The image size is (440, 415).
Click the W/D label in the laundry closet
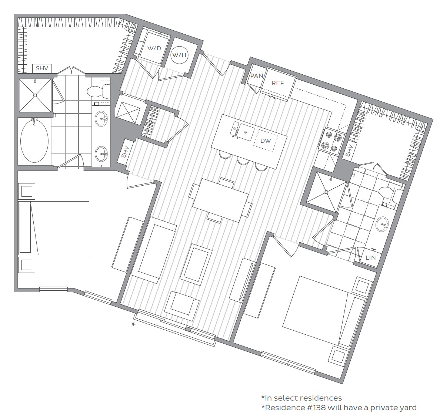point(154,48)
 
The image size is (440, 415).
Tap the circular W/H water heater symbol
point(180,55)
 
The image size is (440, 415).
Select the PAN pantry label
point(256,76)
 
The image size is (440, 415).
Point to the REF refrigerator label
point(277,83)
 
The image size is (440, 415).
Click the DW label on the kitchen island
point(266,141)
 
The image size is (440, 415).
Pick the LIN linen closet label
point(370,258)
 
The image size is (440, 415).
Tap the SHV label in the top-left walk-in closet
point(41,69)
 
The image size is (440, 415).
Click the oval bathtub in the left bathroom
point(34,141)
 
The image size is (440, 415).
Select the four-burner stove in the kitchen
point(331,142)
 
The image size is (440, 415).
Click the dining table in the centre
point(221,200)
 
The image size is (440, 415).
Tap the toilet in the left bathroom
point(97,91)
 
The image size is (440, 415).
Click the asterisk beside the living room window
point(133,325)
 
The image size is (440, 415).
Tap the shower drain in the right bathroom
point(326,192)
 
